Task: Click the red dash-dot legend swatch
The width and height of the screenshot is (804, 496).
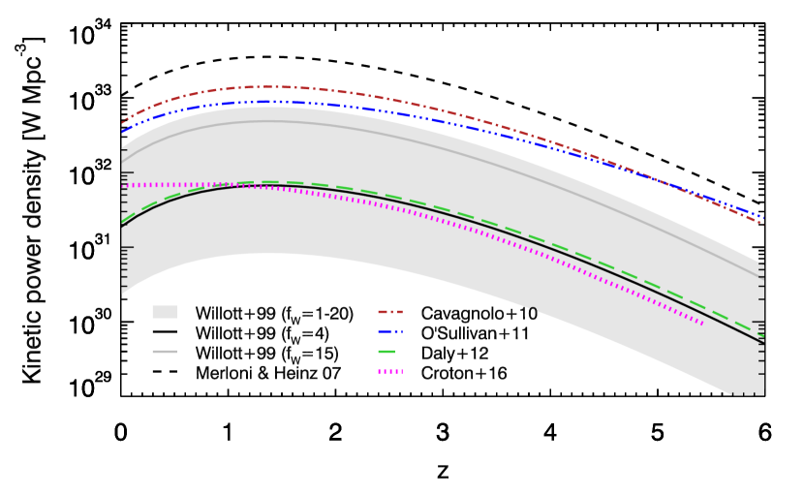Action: [389, 312]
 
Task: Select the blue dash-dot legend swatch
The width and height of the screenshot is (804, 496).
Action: [389, 332]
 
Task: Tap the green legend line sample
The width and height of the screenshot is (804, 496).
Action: [387, 352]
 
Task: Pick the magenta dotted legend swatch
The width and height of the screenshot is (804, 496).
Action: [389, 371]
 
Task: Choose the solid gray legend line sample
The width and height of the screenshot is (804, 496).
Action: [165, 352]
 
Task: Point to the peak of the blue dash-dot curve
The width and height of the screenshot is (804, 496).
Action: [265, 102]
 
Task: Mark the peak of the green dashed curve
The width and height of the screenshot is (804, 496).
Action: [265, 182]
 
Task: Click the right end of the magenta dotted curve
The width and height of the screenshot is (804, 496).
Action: [703, 324]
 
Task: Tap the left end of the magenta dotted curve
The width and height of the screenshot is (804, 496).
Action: [122, 185]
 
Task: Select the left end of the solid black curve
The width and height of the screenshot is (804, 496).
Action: [122, 225]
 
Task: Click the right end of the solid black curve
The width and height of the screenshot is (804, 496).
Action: [763, 343]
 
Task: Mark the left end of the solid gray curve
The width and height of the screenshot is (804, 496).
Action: [122, 161]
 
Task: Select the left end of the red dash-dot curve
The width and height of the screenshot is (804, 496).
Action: [122, 123]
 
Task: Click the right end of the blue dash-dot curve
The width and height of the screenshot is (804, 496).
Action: [763, 217]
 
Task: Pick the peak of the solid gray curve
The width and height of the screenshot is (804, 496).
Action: [271, 121]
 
